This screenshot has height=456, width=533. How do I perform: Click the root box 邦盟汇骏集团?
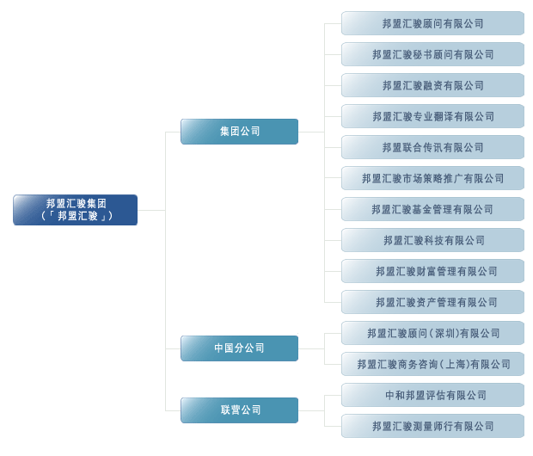point(75,210)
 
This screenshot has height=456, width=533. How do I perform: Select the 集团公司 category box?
point(239,132)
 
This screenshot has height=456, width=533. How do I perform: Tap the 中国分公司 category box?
point(239,348)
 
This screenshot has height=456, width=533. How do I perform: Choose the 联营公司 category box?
point(239,410)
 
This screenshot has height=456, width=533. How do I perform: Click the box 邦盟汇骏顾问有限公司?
point(432,23)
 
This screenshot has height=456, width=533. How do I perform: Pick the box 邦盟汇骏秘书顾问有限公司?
point(432,54)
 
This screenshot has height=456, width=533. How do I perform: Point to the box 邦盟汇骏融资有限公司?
point(432,85)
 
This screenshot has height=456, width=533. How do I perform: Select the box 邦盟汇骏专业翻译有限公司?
point(432,116)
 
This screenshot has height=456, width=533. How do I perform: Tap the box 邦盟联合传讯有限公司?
point(432,147)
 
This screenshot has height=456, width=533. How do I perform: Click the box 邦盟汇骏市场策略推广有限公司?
point(432,178)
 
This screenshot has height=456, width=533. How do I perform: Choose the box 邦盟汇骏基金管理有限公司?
point(432,209)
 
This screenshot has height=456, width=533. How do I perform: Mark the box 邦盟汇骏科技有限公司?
point(432,240)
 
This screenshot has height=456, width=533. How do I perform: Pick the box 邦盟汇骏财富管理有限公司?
point(432,271)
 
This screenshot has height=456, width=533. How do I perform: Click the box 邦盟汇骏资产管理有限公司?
point(432,302)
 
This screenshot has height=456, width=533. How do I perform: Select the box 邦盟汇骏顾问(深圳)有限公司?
point(432,333)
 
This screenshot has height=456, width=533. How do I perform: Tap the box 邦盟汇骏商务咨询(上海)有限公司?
point(432,364)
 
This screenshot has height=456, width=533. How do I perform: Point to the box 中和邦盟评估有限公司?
point(432,395)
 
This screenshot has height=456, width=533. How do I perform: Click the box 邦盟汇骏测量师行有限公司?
point(432,426)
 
